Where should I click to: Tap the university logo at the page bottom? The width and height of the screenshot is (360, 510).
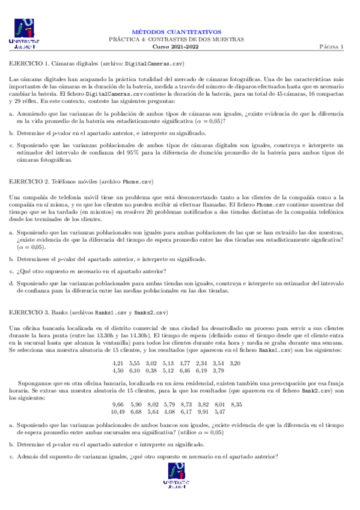point(180,488)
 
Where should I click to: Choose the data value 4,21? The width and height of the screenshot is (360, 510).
point(118,363)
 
